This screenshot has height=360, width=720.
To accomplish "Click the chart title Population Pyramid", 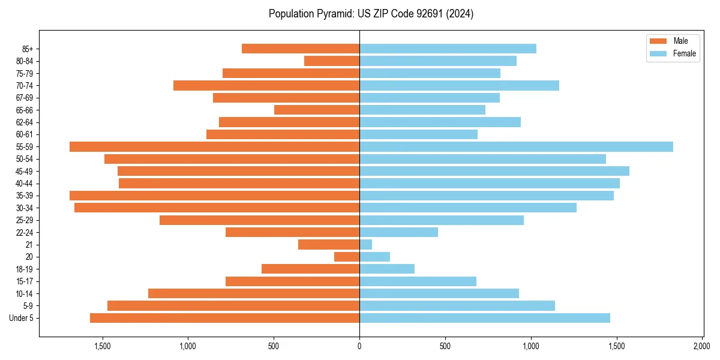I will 371,14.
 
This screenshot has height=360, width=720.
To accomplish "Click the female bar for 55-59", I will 516,146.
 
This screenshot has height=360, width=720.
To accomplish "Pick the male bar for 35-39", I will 214,196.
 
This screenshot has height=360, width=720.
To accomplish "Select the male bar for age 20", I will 347,257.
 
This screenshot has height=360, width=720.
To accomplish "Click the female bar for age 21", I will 365,244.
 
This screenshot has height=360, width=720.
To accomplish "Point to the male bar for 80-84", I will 332,61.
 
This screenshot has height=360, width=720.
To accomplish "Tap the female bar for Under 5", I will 485,318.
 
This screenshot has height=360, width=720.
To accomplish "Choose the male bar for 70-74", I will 266,85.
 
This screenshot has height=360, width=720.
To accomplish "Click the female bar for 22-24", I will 398,232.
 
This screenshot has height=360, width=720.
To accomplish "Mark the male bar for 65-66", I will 317,110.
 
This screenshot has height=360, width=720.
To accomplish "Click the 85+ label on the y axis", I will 26,49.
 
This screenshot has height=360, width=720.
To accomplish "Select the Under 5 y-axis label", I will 22,318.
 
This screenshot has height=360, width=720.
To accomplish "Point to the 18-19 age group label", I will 25,269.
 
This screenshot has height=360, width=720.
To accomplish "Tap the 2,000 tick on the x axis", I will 702,346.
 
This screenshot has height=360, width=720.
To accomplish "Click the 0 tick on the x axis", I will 359,346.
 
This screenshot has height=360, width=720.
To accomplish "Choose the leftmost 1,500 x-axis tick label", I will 102,346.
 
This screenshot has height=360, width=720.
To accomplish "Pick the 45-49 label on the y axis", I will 25,171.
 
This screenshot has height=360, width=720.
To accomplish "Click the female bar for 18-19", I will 387,269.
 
